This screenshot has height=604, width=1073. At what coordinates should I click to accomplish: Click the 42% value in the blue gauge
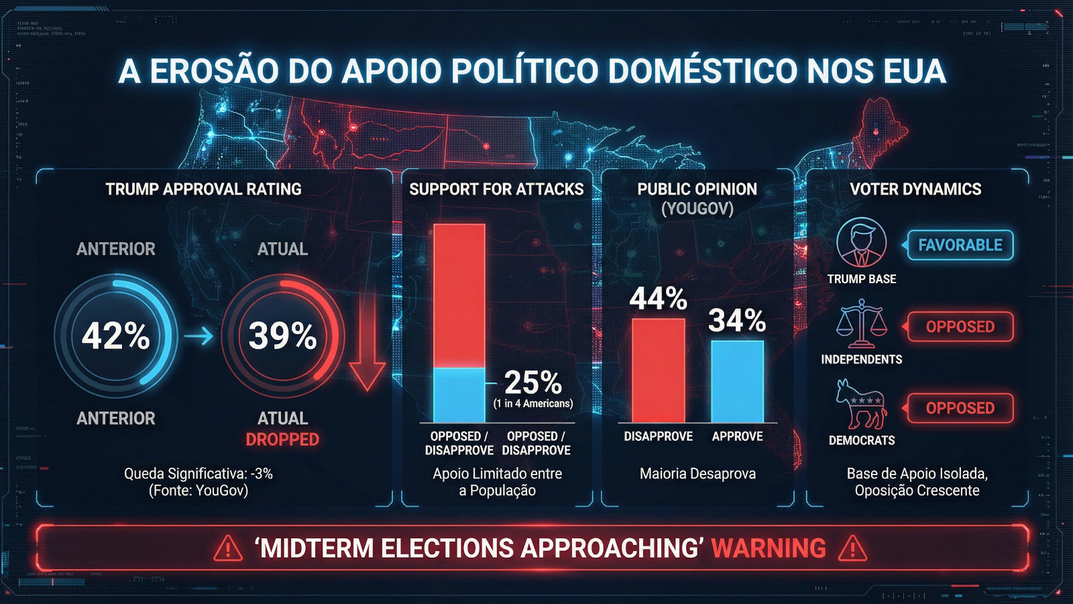tap(115, 336)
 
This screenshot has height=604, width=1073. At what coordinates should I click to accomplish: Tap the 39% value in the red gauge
tap(282, 336)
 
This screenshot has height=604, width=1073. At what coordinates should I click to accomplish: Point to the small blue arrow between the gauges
tap(199, 336)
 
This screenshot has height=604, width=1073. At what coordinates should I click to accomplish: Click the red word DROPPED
tap(282, 440)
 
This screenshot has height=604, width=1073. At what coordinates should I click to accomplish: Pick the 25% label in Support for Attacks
tap(532, 383)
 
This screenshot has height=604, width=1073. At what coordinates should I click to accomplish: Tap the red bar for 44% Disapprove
tap(659, 370)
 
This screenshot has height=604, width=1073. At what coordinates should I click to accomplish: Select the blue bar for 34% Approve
tap(737, 381)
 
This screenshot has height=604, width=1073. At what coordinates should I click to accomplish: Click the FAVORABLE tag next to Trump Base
tap(960, 245)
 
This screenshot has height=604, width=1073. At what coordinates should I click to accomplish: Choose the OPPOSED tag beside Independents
tap(960, 327)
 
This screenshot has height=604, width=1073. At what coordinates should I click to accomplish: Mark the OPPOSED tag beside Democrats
tap(960, 408)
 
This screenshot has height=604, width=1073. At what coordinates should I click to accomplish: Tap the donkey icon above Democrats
tap(861, 404)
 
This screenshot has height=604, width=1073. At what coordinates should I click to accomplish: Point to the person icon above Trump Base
tap(861, 242)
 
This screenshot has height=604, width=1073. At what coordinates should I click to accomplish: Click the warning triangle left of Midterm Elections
tap(228, 548)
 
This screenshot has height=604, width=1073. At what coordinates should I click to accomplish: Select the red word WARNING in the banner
tap(769, 548)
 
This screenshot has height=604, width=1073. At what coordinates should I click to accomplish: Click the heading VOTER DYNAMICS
tap(915, 189)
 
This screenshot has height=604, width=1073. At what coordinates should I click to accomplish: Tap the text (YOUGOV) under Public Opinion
tap(697, 209)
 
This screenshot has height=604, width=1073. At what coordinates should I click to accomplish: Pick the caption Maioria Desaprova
tap(697, 474)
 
